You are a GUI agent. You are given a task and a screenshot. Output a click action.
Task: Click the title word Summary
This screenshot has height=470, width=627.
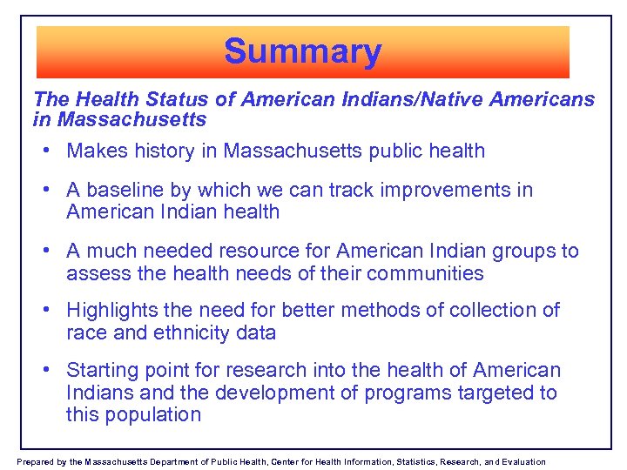(x=302, y=51)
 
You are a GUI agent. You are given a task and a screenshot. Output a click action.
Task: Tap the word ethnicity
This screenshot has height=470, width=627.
(x=198, y=332)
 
